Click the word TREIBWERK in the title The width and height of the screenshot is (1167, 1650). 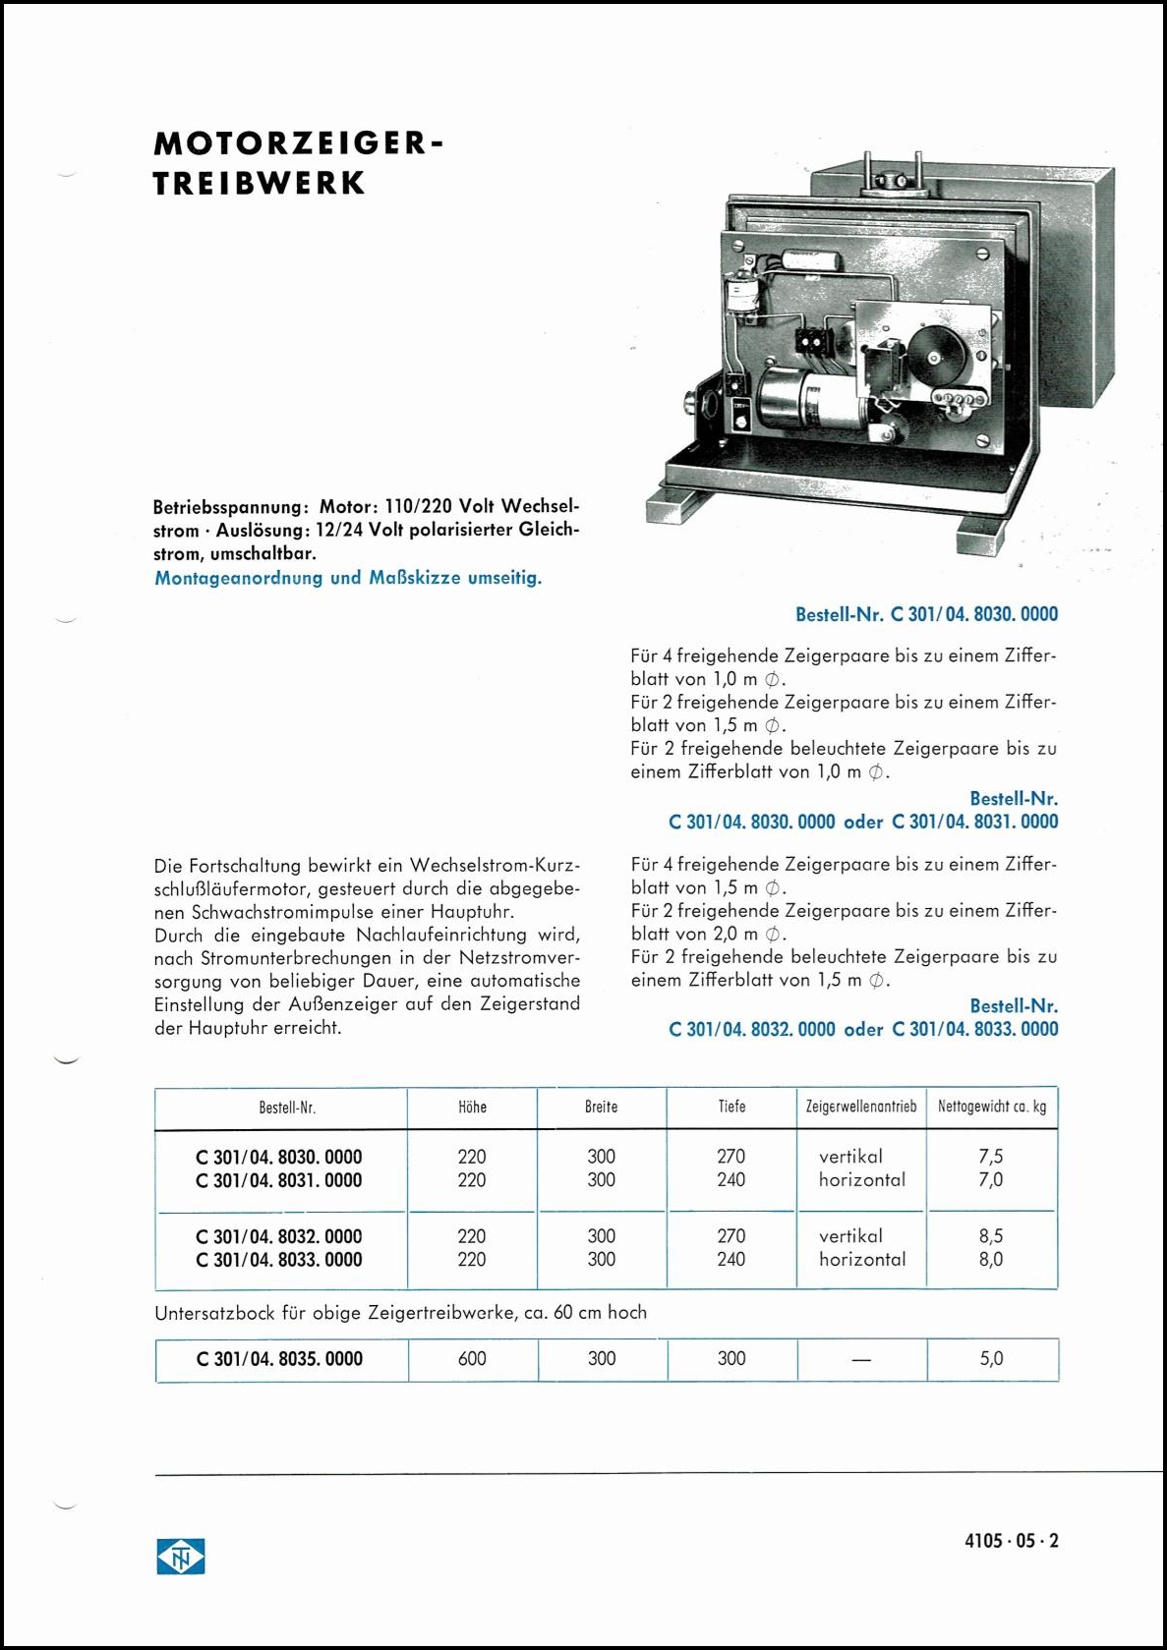click(x=260, y=184)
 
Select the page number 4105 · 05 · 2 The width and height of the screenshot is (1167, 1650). click(x=1012, y=1541)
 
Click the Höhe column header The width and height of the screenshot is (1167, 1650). click(x=472, y=1107)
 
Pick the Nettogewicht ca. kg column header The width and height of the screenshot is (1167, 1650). click(x=991, y=1107)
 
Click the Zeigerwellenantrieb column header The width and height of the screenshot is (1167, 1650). click(x=860, y=1107)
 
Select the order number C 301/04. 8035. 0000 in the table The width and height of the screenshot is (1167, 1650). click(x=279, y=1359)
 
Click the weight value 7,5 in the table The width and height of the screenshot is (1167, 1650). click(x=991, y=1157)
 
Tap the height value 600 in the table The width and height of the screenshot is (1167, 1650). click(x=472, y=1358)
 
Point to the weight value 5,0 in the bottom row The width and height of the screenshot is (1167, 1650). click(x=991, y=1358)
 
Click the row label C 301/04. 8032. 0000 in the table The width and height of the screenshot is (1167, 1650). click(x=279, y=1236)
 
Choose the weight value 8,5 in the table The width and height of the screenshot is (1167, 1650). click(x=991, y=1236)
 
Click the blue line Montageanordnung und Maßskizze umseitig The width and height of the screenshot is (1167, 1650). click(x=348, y=578)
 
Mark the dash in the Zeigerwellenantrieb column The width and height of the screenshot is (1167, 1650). click(x=861, y=1359)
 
